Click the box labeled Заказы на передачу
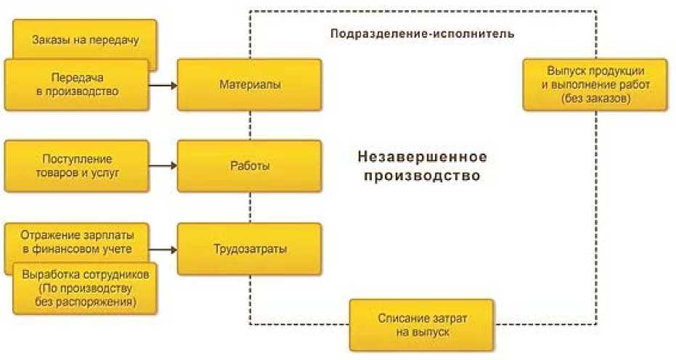85,40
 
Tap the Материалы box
249,85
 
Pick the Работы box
249,165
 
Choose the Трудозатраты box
249,249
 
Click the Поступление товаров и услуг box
76,165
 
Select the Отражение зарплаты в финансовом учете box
76,242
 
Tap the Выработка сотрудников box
85,288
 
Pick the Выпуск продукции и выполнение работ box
595,85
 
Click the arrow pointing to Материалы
163,85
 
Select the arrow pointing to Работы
163,165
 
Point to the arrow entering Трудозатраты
163,249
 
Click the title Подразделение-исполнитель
422,33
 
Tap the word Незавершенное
422,157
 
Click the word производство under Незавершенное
422,176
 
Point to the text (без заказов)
595,98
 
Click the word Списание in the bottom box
400,318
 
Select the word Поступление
76,159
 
